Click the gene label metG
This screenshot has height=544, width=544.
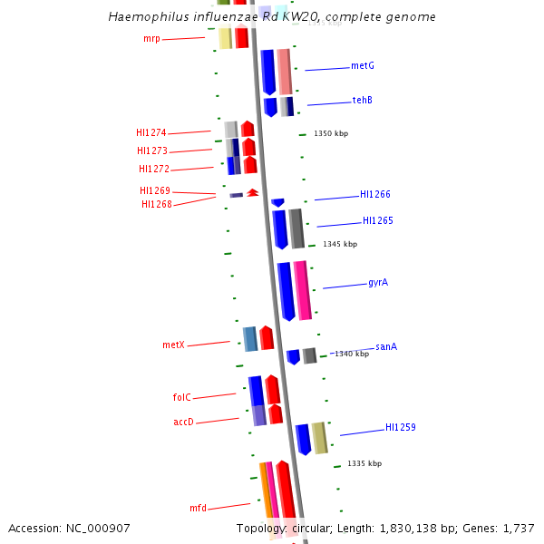click(363, 66)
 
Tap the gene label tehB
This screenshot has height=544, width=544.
click(363, 100)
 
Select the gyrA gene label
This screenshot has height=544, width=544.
click(378, 283)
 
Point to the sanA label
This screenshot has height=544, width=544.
click(386, 346)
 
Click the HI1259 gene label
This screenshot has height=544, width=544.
click(401, 427)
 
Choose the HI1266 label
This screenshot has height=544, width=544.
click(375, 194)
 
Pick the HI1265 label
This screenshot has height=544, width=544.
click(378, 220)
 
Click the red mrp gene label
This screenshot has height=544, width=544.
click(151, 39)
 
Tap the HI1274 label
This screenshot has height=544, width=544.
click(151, 133)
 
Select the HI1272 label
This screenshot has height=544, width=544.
click(154, 169)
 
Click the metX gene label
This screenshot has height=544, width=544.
click(173, 345)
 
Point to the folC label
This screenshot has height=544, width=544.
click(181, 397)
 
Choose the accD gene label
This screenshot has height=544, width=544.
click(183, 422)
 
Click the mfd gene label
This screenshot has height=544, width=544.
click(198, 509)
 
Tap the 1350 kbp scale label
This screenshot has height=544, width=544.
click(331, 133)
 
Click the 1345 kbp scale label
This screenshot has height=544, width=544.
click(340, 244)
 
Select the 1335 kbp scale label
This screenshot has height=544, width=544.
click(364, 463)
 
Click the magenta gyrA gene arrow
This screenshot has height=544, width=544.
click(302, 290)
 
